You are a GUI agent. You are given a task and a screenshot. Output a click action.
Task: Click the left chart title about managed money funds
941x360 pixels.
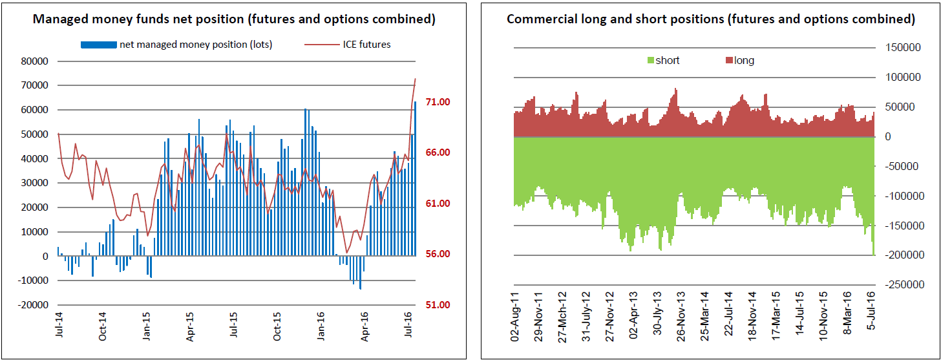234,19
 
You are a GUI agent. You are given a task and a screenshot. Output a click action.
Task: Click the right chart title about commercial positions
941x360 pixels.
710,19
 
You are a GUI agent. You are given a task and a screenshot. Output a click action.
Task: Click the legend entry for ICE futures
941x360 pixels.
366,45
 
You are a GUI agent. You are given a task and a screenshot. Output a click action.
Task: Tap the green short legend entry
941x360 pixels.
667,61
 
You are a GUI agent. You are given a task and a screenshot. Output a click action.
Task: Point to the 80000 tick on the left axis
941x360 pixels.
35,61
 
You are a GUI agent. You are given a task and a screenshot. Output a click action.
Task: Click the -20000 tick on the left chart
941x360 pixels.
33,305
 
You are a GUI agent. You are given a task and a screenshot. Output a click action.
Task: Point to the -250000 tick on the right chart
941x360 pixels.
903,285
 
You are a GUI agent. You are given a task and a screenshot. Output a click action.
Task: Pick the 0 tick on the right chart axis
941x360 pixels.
889,137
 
